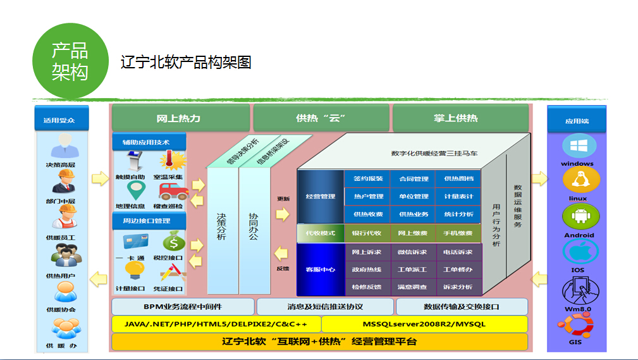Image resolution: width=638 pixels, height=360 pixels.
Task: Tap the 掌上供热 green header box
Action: [x=460, y=118]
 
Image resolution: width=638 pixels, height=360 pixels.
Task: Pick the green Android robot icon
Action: [x=578, y=217]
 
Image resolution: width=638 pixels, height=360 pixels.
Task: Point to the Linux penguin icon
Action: [x=578, y=182]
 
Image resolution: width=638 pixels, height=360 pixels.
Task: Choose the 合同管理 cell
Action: [x=413, y=179]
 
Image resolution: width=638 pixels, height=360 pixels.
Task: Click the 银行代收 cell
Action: [x=367, y=233]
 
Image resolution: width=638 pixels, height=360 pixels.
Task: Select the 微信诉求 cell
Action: [x=413, y=252]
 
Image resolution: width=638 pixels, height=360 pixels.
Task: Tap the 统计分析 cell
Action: [x=458, y=214]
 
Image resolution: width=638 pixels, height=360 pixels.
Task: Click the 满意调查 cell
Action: [x=413, y=287]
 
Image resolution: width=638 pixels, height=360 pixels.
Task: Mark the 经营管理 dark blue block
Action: [x=320, y=197]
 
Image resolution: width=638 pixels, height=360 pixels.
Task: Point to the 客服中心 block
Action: [x=320, y=270]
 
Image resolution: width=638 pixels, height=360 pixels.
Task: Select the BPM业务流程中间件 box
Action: [x=183, y=307]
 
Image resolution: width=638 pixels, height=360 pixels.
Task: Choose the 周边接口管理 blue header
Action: [x=150, y=221]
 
